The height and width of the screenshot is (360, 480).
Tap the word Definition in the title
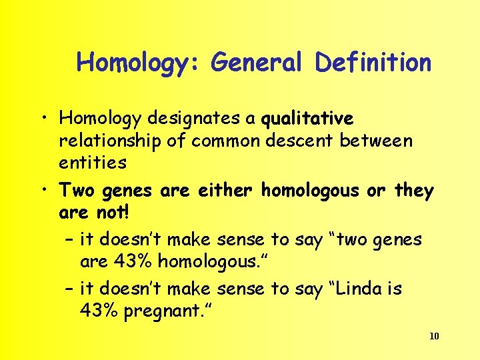(373, 63)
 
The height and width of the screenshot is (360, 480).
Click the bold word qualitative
(307, 119)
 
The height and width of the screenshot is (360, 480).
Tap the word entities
(93, 162)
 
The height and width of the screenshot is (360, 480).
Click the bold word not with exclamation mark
(111, 213)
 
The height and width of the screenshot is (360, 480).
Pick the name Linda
(357, 289)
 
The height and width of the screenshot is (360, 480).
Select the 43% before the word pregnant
(97, 311)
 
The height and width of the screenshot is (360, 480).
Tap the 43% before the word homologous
(131, 261)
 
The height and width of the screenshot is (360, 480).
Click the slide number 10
(434, 336)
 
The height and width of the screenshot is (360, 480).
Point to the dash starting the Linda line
(69, 289)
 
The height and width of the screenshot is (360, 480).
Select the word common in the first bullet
(223, 141)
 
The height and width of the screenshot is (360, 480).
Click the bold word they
(413, 191)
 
